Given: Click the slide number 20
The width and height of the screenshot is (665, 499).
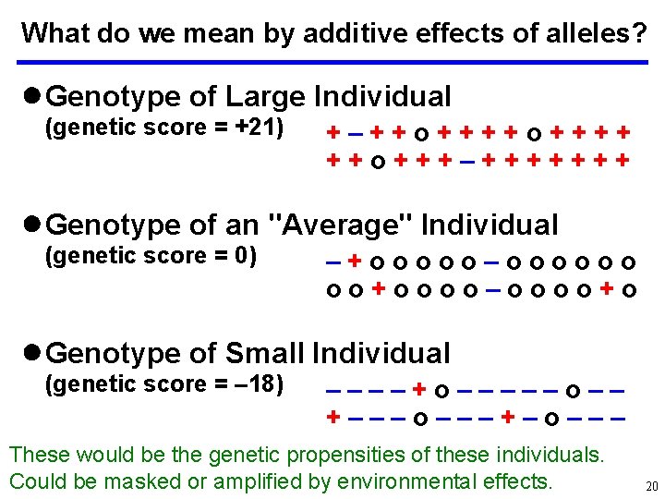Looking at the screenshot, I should (x=650, y=486).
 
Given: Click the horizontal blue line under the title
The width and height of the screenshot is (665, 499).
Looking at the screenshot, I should (x=333, y=62).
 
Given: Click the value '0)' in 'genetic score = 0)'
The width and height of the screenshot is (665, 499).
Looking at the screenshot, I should (x=245, y=255).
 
